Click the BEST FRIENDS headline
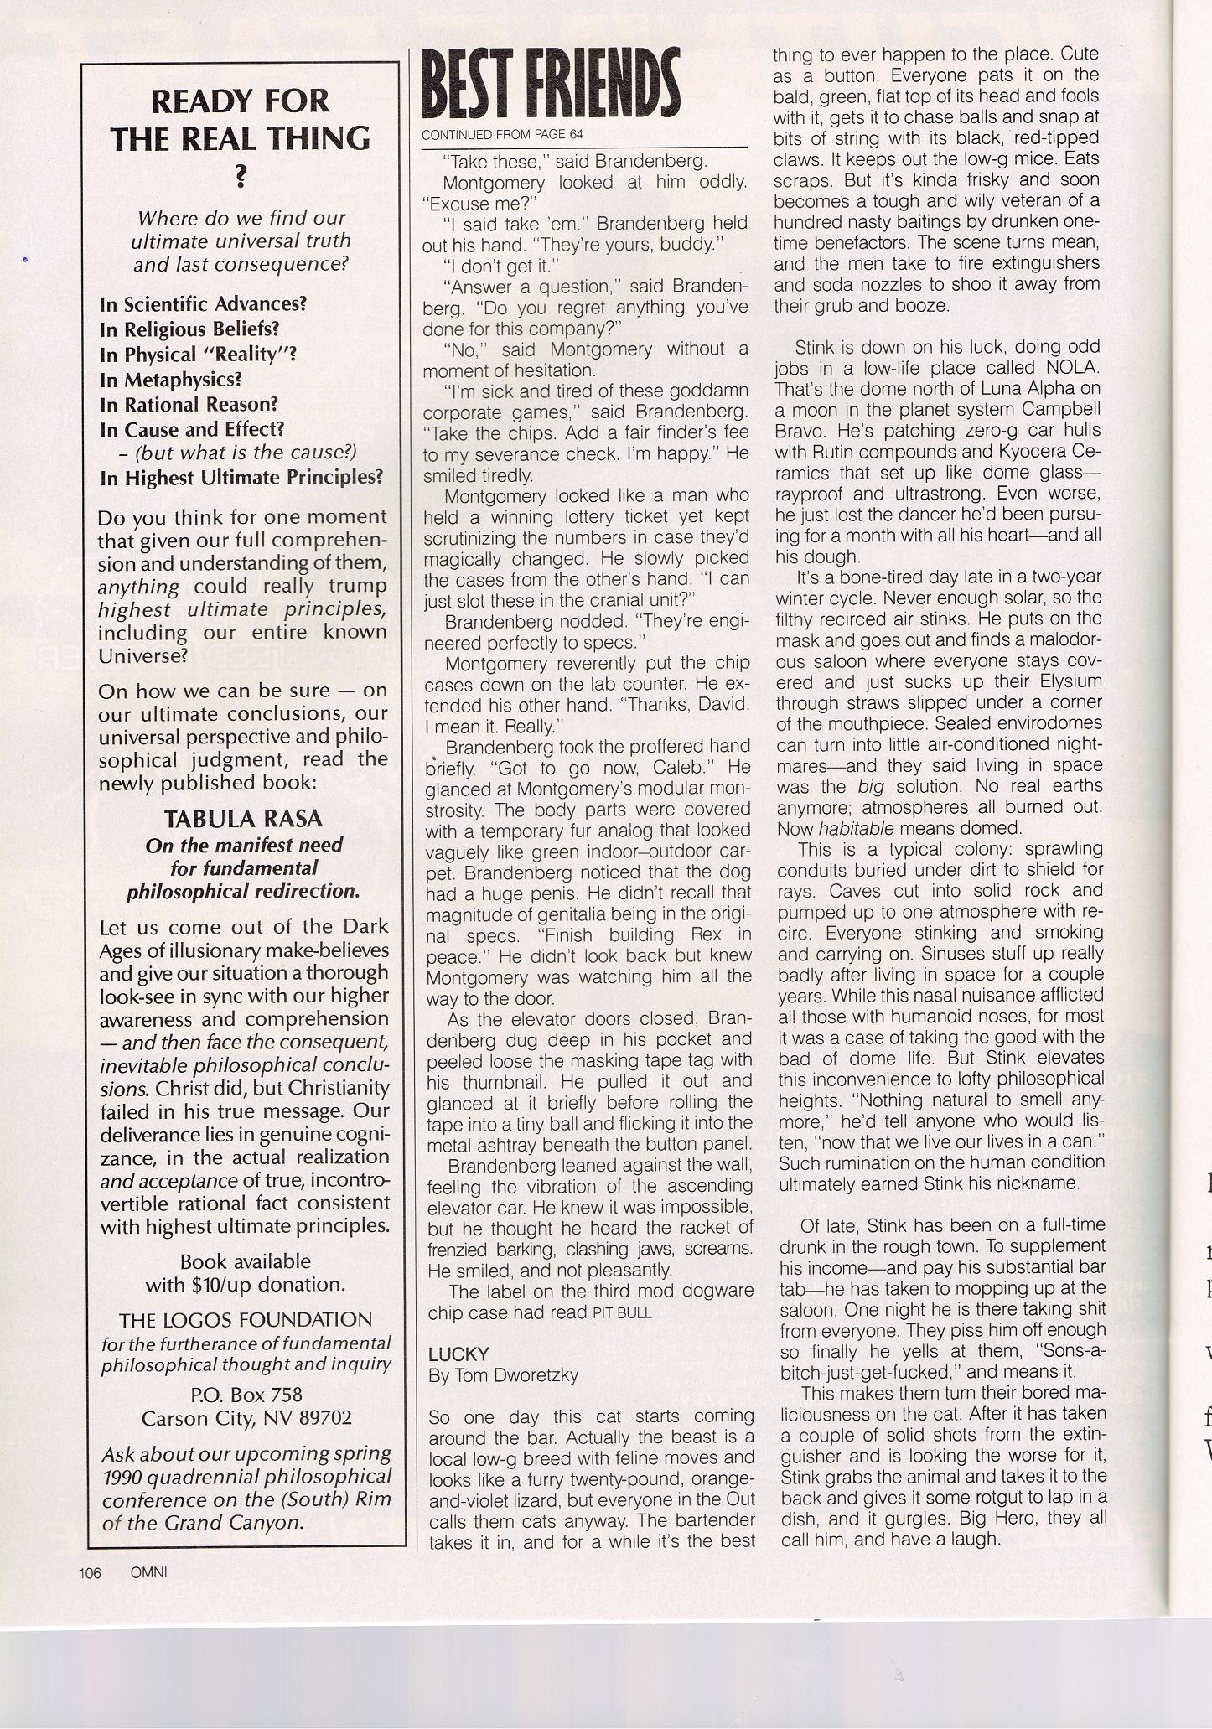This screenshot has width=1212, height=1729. (550, 87)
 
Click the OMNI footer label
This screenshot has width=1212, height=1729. (149, 1572)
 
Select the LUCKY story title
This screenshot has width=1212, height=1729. (458, 1354)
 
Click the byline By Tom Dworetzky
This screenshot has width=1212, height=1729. (503, 1375)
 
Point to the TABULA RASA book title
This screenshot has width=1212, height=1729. (243, 819)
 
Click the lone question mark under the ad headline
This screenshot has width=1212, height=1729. (241, 175)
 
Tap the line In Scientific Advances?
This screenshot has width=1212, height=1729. (203, 303)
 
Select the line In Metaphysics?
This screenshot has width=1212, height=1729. (170, 380)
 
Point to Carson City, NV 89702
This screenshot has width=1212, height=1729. (246, 1418)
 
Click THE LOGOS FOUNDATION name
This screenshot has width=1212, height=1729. (245, 1320)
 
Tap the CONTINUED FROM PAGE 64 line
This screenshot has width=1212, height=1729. (501, 134)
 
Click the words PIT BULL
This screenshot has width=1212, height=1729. (624, 1313)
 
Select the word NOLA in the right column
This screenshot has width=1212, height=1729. (1070, 367)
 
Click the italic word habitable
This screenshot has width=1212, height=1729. (834, 828)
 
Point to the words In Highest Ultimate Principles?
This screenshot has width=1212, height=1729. (241, 478)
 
